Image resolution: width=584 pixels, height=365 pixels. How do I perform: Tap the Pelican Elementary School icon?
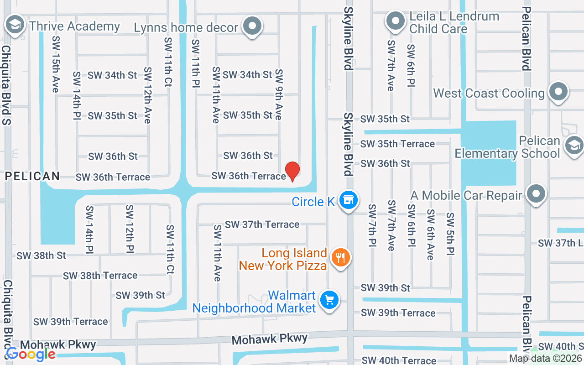[x=574, y=146]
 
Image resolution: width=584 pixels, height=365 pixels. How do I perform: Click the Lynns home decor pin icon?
[x=252, y=26]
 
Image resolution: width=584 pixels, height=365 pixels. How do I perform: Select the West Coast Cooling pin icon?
[x=558, y=92]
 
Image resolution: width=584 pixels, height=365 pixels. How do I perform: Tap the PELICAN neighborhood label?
[x=32, y=176]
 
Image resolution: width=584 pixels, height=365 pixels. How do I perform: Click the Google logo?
[x=31, y=354]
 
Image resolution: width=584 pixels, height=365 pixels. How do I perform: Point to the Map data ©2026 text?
[x=546, y=359]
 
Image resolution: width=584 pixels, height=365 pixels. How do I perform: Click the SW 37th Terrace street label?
[x=262, y=224]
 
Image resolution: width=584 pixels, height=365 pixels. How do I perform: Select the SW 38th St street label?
[x=42, y=255]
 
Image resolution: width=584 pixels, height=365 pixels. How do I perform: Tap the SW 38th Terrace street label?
[x=100, y=275]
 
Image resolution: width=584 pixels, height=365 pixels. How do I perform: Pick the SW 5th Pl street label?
[x=450, y=234]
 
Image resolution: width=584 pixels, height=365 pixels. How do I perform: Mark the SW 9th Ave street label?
[x=278, y=94]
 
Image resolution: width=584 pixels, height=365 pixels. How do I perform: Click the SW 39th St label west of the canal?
[x=140, y=295]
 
